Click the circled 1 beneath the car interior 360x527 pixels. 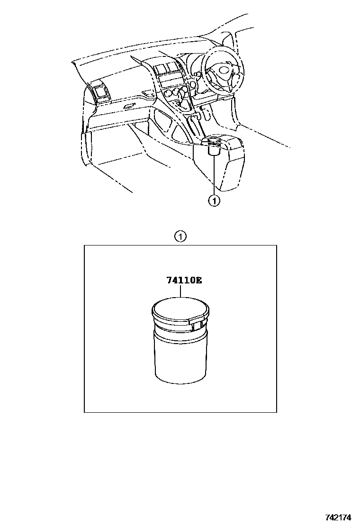pos(214,201)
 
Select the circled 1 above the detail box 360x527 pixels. pos(180,237)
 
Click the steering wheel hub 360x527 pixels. pos(223,71)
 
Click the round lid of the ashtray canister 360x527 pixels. pos(180,309)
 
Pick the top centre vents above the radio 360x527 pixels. pos(167,68)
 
